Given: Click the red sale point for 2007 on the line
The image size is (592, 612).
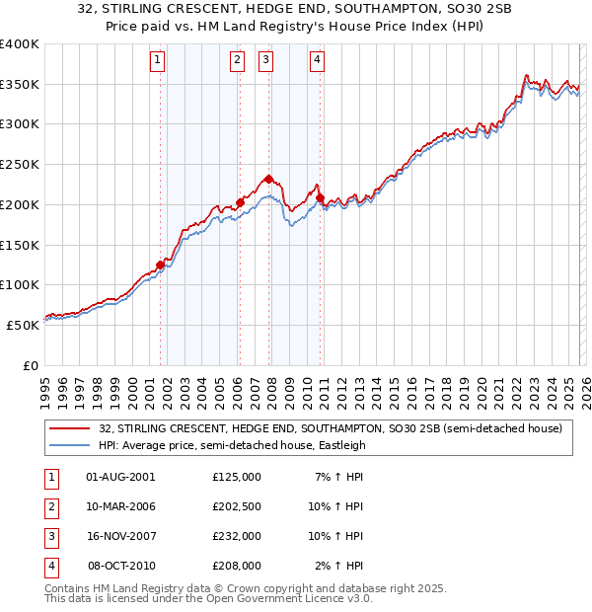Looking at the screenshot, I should (x=268, y=179).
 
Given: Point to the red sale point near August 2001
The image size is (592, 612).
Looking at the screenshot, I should (x=160, y=265).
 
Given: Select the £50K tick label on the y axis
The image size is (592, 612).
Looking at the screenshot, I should (x=23, y=325).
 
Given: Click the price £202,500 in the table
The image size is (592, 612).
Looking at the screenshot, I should (x=237, y=506).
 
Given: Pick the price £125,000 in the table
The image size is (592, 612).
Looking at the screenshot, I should (x=237, y=476).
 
